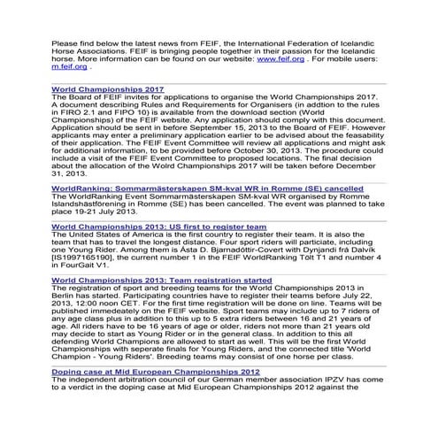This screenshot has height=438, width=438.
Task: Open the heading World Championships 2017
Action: pos(108,88)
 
